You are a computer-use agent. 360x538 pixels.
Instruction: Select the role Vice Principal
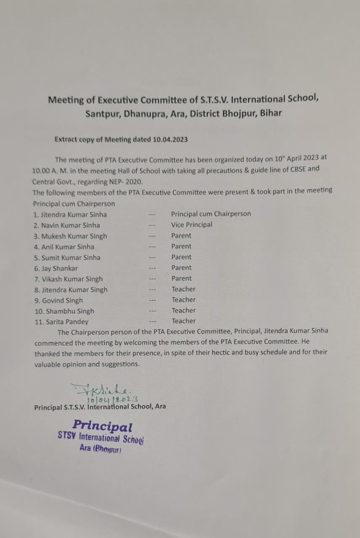191,224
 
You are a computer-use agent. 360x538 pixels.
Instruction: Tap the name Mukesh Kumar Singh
74,236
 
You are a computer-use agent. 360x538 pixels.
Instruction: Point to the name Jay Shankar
59,268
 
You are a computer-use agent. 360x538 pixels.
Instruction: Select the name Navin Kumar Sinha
71,225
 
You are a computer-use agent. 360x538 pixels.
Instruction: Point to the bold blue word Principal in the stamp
102,426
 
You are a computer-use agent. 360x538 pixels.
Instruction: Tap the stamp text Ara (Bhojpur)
101,449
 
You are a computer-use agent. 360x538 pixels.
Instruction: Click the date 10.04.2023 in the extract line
170,140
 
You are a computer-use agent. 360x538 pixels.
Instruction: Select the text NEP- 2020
126,182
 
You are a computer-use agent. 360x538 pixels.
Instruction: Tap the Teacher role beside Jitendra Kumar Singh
183,289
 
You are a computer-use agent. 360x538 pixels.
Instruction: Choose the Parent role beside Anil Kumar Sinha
181,246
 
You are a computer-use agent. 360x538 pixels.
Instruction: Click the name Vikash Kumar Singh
72,279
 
